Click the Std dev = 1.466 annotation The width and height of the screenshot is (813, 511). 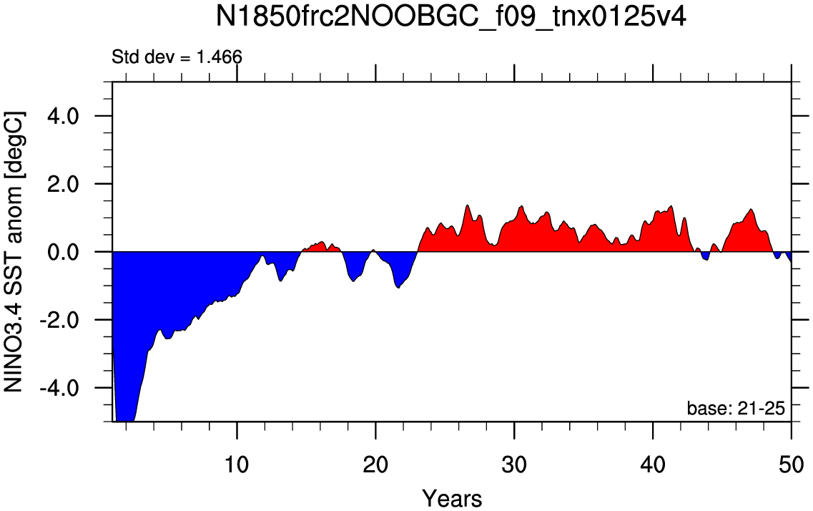(x=177, y=57)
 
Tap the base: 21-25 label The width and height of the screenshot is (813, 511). (x=736, y=409)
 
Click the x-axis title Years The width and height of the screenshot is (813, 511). (x=452, y=496)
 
